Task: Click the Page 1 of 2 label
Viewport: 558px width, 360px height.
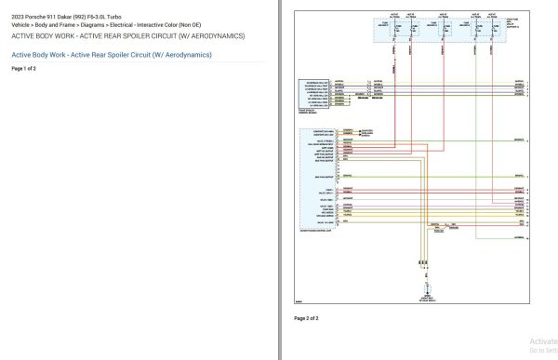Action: (x=23, y=69)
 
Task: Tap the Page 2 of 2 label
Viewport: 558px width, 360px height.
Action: (x=306, y=318)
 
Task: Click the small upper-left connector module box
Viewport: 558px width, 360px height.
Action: (x=313, y=94)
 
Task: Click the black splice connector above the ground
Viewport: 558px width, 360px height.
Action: (x=424, y=265)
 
